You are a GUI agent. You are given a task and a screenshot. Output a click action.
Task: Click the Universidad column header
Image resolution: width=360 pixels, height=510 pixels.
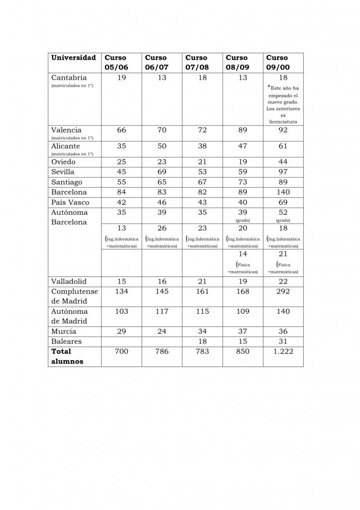(74, 58)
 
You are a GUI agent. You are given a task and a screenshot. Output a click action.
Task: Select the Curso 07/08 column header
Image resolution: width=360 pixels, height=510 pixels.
(196, 62)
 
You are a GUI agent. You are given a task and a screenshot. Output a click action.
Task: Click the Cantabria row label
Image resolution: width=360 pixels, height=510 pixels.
(69, 78)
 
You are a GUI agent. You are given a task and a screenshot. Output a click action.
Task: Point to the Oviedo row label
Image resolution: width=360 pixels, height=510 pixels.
(65, 161)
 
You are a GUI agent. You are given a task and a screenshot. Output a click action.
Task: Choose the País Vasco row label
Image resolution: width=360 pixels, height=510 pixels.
(70, 202)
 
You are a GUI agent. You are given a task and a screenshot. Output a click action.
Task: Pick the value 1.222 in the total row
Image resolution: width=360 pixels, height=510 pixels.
(283, 351)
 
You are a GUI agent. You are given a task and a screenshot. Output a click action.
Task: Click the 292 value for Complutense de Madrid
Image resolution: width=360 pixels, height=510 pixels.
(283, 291)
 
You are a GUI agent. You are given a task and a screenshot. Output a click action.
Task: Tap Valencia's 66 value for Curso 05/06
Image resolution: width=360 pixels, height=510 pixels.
(121, 130)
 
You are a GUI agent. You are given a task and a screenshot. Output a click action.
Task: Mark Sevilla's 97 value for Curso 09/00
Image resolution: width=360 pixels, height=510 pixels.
(283, 172)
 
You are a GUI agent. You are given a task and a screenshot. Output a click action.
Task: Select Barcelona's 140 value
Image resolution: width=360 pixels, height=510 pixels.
(283, 192)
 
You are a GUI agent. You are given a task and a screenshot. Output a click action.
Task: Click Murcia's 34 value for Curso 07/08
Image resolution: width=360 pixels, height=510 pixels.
(202, 331)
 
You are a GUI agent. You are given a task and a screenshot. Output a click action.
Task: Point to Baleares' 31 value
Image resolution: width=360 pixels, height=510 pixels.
(283, 341)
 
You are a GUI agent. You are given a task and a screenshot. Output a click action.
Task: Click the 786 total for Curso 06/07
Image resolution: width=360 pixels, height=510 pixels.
(162, 351)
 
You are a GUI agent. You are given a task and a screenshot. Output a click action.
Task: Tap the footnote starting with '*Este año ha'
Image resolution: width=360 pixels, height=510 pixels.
(283, 105)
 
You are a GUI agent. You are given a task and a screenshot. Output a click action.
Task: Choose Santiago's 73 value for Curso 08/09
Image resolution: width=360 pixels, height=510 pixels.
(242, 182)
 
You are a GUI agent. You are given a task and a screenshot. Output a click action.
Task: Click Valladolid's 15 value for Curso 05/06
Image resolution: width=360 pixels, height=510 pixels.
(121, 281)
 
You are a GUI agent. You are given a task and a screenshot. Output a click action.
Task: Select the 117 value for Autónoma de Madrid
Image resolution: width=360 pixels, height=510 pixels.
(162, 311)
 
